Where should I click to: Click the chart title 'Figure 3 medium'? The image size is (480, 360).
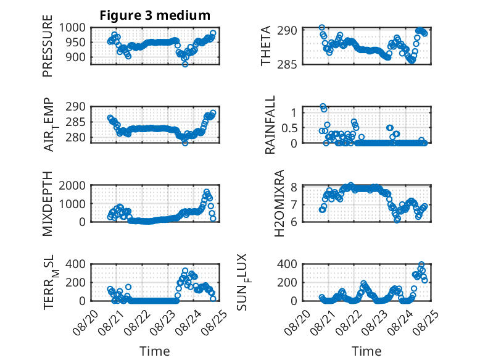[155, 15]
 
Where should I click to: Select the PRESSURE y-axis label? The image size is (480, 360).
[48, 46]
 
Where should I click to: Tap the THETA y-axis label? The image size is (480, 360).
[266, 46]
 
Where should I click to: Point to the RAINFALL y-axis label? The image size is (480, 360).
[270, 125]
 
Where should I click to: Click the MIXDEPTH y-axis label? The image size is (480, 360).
[48, 204]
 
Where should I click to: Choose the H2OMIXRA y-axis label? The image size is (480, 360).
[279, 203]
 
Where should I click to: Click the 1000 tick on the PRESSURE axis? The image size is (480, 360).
[73, 28]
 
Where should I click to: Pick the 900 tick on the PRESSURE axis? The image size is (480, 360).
[76, 57]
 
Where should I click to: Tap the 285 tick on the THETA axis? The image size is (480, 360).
[287, 65]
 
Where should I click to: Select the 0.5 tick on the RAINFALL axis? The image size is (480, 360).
[289, 128]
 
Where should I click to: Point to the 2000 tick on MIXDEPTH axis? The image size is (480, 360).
[73, 185]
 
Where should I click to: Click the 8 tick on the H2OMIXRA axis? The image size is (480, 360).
[294, 187]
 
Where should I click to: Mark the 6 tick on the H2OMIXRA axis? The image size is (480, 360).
[294, 222]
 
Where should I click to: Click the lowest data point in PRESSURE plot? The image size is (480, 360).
[185, 64]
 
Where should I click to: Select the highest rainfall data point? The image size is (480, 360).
[323, 106]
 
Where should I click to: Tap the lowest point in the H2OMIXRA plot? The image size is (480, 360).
[397, 219]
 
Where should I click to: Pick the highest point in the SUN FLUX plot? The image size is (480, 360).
[421, 264]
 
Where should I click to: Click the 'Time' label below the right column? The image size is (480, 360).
[366, 351]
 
